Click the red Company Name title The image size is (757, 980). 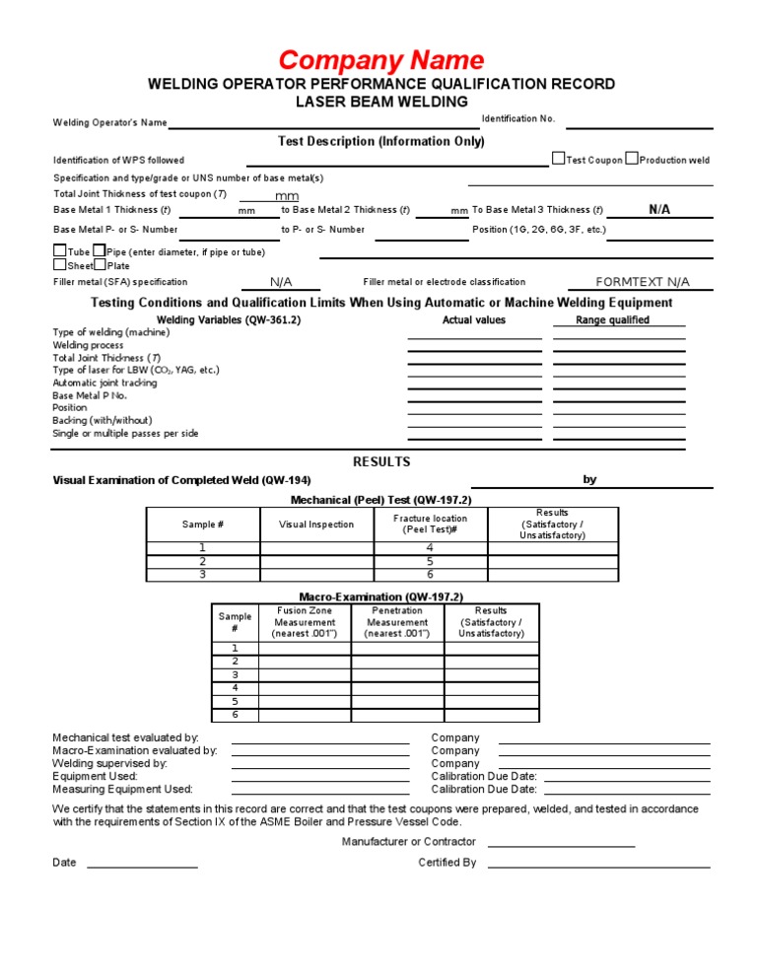(380, 60)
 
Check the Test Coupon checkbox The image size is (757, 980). (559, 159)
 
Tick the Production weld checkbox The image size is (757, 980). (632, 159)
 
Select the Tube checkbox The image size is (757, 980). (60, 251)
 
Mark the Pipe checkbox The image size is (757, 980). (99, 251)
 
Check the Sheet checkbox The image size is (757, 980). (60, 265)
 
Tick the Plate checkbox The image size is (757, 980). (100, 265)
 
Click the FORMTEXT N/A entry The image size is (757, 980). (643, 282)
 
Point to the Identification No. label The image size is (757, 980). (518, 119)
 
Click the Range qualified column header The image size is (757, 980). (612, 320)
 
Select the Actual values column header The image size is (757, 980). (474, 320)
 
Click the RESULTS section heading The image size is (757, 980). (381, 461)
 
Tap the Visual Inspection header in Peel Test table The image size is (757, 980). (316, 525)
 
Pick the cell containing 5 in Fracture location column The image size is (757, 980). (430, 561)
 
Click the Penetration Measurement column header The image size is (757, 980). (397, 622)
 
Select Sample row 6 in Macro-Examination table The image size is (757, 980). (235, 715)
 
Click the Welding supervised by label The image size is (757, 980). (109, 763)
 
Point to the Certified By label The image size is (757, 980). (447, 863)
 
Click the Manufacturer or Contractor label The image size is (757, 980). (408, 842)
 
